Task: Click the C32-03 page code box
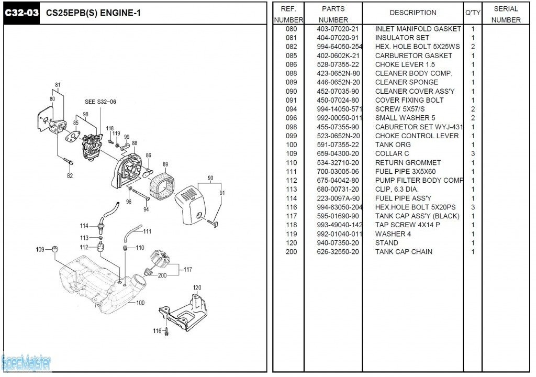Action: [x=22, y=13]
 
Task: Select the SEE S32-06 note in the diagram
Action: [x=100, y=102]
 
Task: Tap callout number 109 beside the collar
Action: [x=40, y=249]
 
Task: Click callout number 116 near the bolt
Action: [x=158, y=331]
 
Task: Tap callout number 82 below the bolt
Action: [x=70, y=176]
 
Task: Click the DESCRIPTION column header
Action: [x=412, y=13]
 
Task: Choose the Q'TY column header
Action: [x=473, y=13]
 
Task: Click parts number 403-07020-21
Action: [x=338, y=29]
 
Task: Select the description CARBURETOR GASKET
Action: [x=414, y=56]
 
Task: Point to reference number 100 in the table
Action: [x=291, y=145]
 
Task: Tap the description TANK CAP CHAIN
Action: [x=404, y=251]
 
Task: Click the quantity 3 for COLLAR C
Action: [x=473, y=153]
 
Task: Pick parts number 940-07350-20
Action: [x=338, y=242]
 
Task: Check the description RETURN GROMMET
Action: [x=408, y=162]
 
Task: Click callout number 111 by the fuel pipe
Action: [x=147, y=231]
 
